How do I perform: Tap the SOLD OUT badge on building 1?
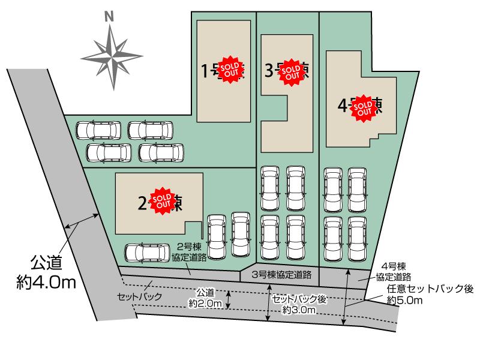tap(230, 71)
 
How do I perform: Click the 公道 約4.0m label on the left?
tap(46, 273)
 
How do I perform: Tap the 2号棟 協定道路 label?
tap(193, 251)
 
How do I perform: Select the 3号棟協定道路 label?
tap(282, 275)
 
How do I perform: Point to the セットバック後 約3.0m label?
tap(298, 304)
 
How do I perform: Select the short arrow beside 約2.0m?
tap(228, 299)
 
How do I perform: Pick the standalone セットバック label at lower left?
tap(140, 297)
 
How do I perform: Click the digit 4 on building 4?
tap(342, 107)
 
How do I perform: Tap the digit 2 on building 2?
tap(142, 203)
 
